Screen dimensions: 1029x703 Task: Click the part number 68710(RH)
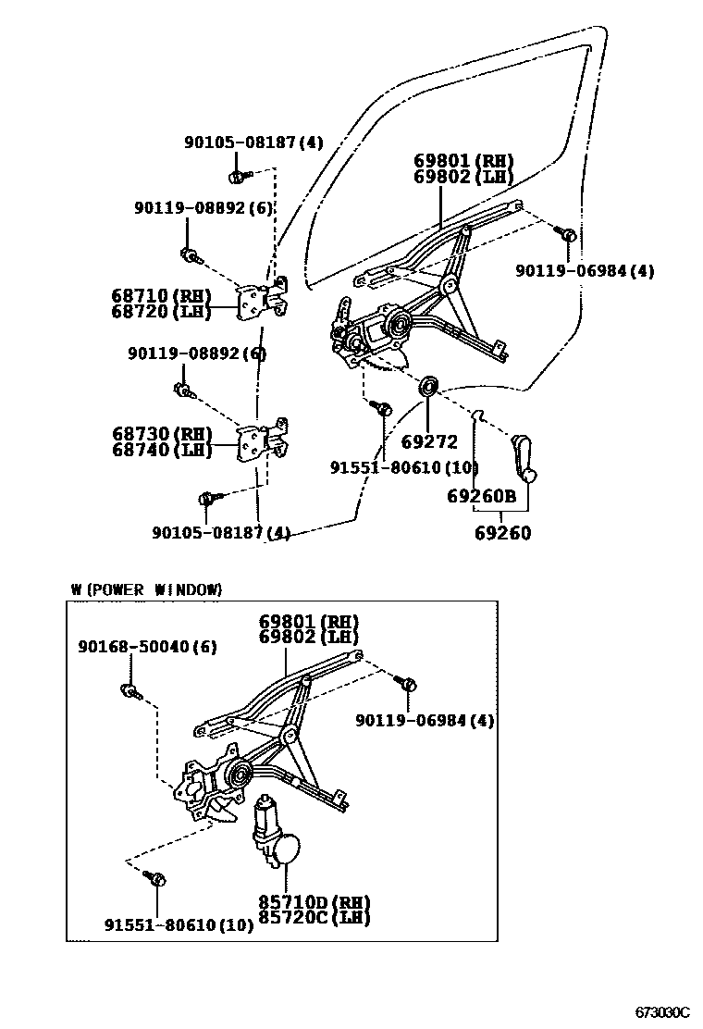(161, 296)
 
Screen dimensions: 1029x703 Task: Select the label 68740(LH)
(161, 450)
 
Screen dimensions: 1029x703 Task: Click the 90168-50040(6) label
(147, 647)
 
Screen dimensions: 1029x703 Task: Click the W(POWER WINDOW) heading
(146, 589)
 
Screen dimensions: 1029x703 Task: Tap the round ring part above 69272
(428, 385)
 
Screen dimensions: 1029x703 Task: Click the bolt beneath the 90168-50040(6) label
(129, 689)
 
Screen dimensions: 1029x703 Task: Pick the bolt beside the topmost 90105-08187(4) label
(237, 173)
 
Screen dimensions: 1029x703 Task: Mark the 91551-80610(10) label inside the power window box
(178, 924)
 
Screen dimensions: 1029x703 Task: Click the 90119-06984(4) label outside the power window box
(585, 270)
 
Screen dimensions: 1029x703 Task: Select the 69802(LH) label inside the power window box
(308, 637)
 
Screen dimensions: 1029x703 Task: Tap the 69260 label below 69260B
(503, 533)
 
